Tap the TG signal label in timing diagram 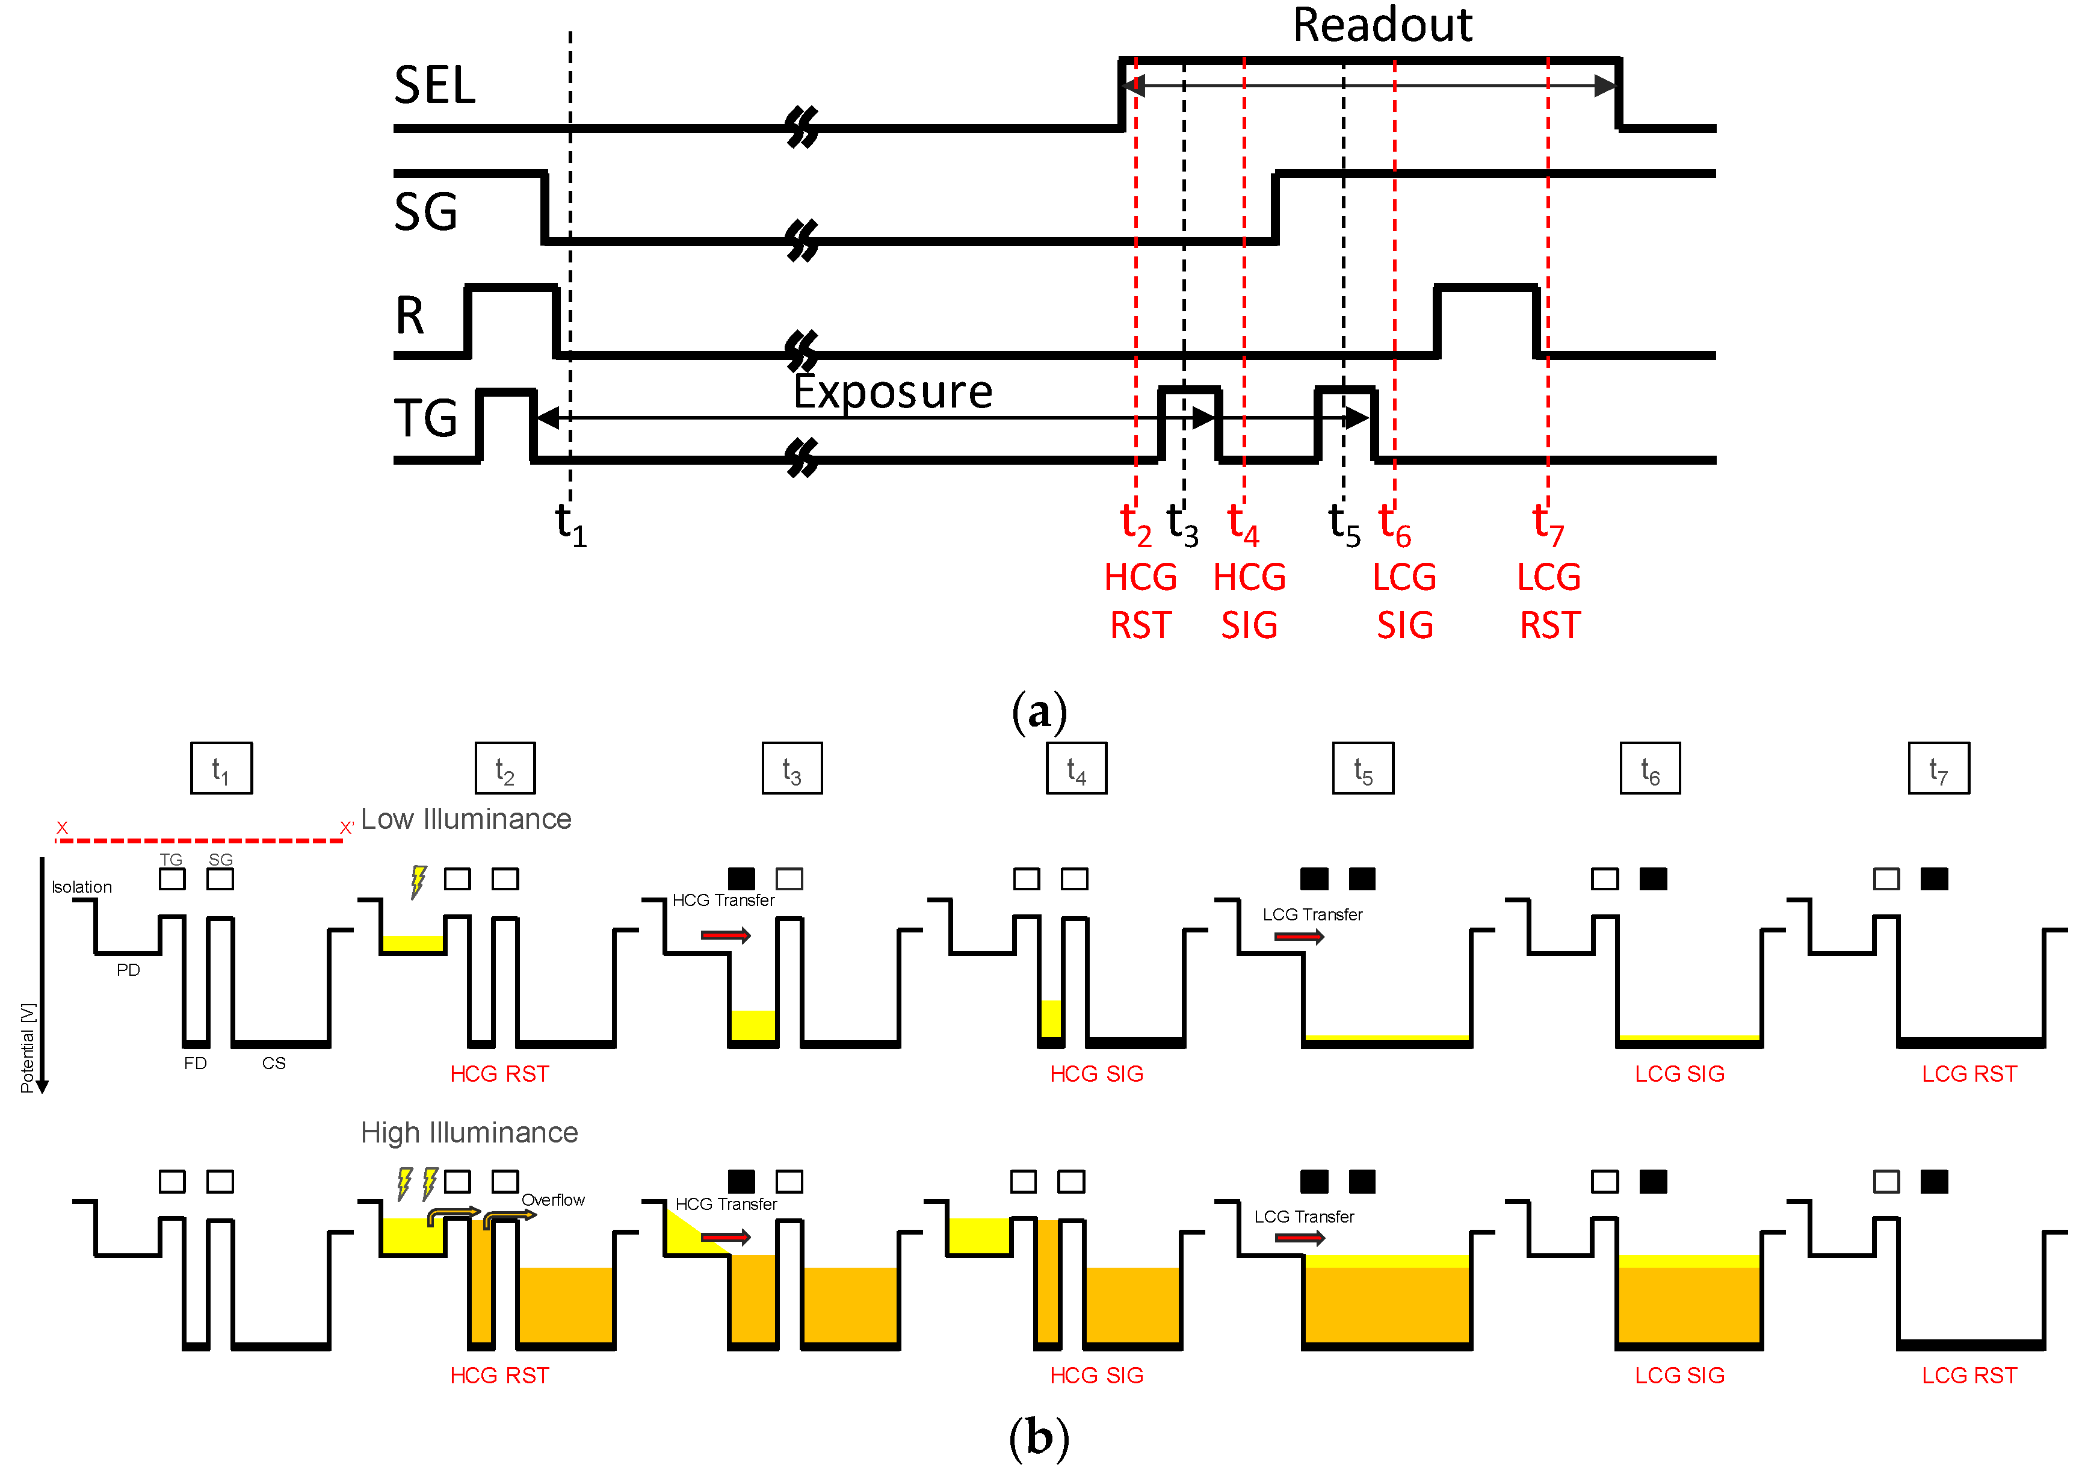coord(425,419)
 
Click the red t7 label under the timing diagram coord(1547,524)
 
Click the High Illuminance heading coord(469,1132)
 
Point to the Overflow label coord(552,1200)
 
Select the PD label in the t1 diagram coord(128,970)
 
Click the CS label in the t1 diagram coord(273,1063)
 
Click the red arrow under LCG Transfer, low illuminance coord(1299,936)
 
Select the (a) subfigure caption coord(1039,712)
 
